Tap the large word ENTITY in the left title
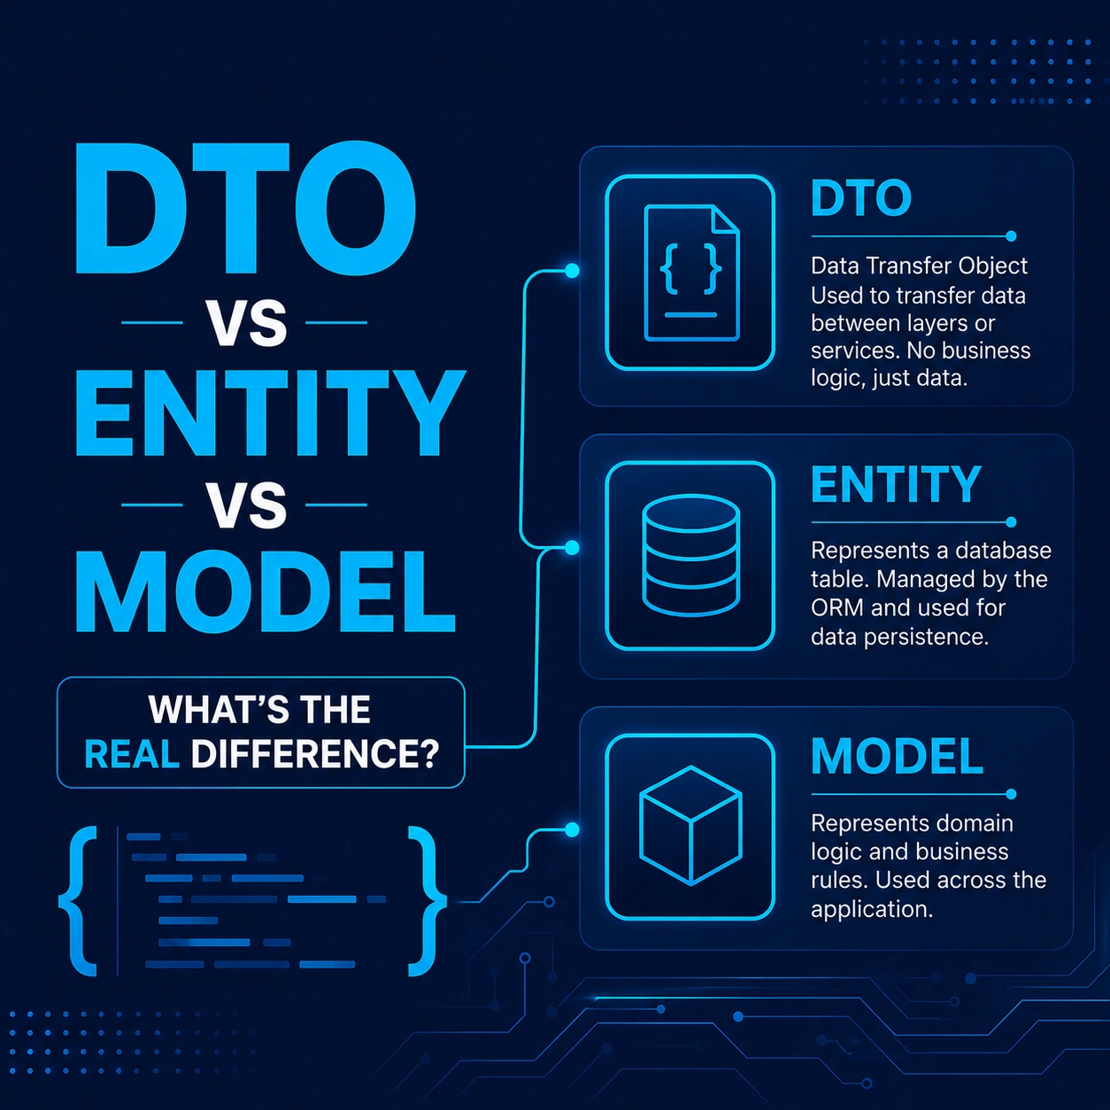pyautogui.click(x=270, y=413)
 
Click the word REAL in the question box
pyautogui.click(x=132, y=754)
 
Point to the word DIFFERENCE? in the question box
pyautogui.click(x=315, y=754)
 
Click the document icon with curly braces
pyautogui.click(x=690, y=273)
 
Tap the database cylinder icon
pyautogui.click(x=690, y=556)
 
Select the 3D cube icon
pyautogui.click(x=690, y=826)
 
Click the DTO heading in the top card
pyautogui.click(x=860, y=197)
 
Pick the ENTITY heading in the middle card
pyautogui.click(x=896, y=484)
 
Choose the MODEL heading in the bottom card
pyautogui.click(x=897, y=756)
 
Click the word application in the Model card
pyautogui.click(x=872, y=909)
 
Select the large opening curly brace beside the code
pyautogui.click(x=79, y=901)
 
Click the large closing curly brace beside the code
pyautogui.click(x=428, y=901)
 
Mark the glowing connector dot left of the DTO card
pyautogui.click(x=572, y=271)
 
